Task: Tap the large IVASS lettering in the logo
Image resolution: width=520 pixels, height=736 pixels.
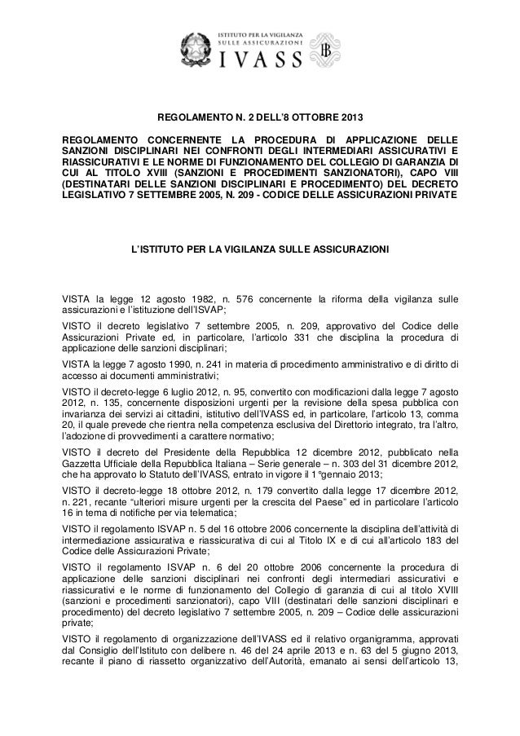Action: [262, 58]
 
